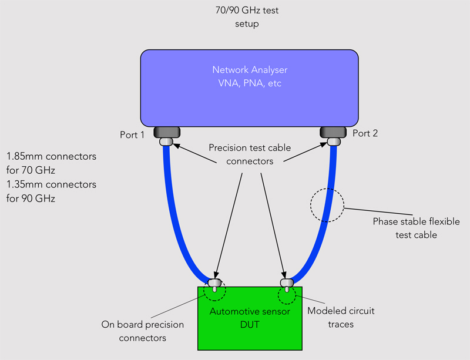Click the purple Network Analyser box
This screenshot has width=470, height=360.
(x=250, y=100)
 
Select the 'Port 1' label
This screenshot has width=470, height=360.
(x=132, y=134)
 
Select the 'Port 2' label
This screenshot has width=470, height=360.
(x=365, y=134)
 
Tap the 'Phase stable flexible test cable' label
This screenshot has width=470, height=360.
(x=416, y=228)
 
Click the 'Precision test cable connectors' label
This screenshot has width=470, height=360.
(x=250, y=154)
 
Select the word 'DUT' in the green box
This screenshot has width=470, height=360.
(x=250, y=322)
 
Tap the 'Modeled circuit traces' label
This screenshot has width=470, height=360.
(x=341, y=317)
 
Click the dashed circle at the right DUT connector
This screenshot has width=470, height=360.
(x=286, y=296)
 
